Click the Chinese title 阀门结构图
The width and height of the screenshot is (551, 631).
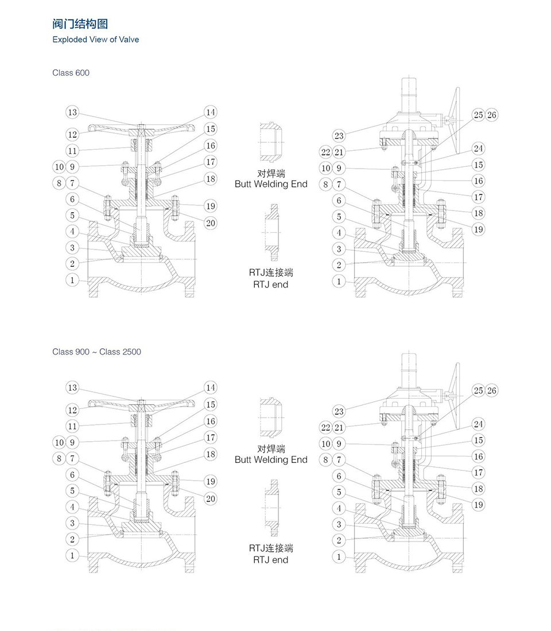point(80,24)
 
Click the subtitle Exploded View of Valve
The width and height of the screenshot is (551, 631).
point(95,40)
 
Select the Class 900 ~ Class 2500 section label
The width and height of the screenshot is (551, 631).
point(96,352)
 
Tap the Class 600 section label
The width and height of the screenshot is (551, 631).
point(71,73)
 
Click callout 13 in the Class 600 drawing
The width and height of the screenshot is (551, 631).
point(72,112)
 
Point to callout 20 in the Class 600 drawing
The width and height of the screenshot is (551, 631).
point(211,223)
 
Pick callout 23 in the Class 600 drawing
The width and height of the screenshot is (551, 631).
point(339,135)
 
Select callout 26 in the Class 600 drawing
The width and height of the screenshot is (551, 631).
point(492,115)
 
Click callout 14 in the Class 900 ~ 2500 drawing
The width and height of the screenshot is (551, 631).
point(211,388)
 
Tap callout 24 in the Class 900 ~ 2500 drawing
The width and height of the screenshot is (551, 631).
point(478,424)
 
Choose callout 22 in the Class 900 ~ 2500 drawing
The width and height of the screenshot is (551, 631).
point(326,427)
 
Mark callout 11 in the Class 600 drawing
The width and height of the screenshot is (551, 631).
point(72,151)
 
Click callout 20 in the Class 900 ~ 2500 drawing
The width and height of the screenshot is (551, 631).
point(211,498)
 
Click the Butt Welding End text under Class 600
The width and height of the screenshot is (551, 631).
point(271,184)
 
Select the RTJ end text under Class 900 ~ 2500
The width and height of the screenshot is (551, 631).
point(270,559)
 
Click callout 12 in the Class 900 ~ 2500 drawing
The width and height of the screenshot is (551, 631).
point(72,410)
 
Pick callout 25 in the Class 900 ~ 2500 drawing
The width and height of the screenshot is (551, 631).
point(478,391)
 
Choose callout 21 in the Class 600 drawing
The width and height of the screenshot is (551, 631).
point(339,151)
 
